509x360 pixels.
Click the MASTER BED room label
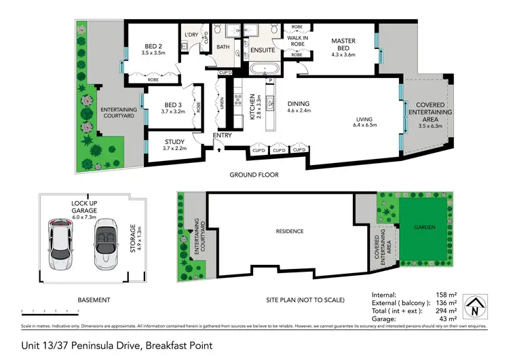coord(343,41)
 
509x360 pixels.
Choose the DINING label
coord(299,103)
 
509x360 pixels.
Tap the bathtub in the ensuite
coord(261,69)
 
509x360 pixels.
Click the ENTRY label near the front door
coord(222,135)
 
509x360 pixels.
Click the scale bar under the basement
coord(50,311)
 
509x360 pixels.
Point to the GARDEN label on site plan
coord(423,228)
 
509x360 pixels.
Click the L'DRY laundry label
coord(191,34)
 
